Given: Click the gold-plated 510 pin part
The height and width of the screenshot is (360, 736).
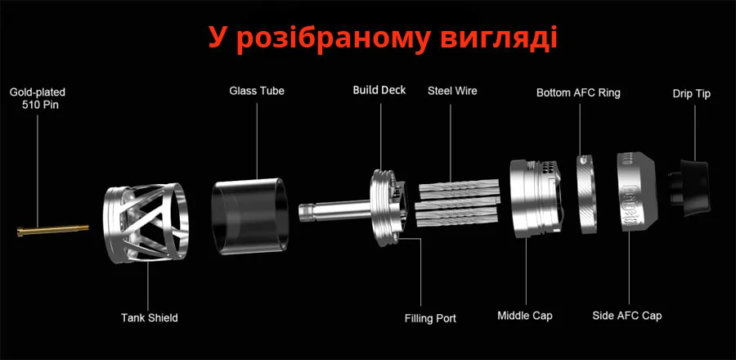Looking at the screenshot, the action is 52,230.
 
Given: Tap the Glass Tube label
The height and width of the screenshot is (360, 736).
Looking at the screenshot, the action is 257,91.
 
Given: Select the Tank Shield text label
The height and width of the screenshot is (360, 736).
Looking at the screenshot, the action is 150,317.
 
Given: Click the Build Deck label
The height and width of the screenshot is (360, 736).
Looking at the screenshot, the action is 379,90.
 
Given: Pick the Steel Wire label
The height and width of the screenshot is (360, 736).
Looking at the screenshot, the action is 452,91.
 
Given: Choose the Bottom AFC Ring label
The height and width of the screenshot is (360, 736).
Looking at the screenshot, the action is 578,93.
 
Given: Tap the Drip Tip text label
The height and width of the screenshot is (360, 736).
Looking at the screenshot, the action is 691,94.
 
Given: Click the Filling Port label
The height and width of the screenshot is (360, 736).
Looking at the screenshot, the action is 430,318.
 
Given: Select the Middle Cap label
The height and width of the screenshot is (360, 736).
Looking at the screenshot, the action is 525,316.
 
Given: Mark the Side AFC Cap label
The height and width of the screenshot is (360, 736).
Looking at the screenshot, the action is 627,316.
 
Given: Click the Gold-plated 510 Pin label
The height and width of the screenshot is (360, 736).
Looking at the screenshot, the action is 38,98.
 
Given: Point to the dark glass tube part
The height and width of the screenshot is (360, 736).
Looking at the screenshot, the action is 249,216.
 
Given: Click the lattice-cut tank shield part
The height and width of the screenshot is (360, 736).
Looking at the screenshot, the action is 146,222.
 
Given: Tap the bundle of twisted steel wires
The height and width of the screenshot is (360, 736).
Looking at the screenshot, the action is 458,203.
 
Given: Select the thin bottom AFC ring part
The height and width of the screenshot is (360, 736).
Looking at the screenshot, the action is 586,194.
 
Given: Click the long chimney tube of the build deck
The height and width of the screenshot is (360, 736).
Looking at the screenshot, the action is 335,211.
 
